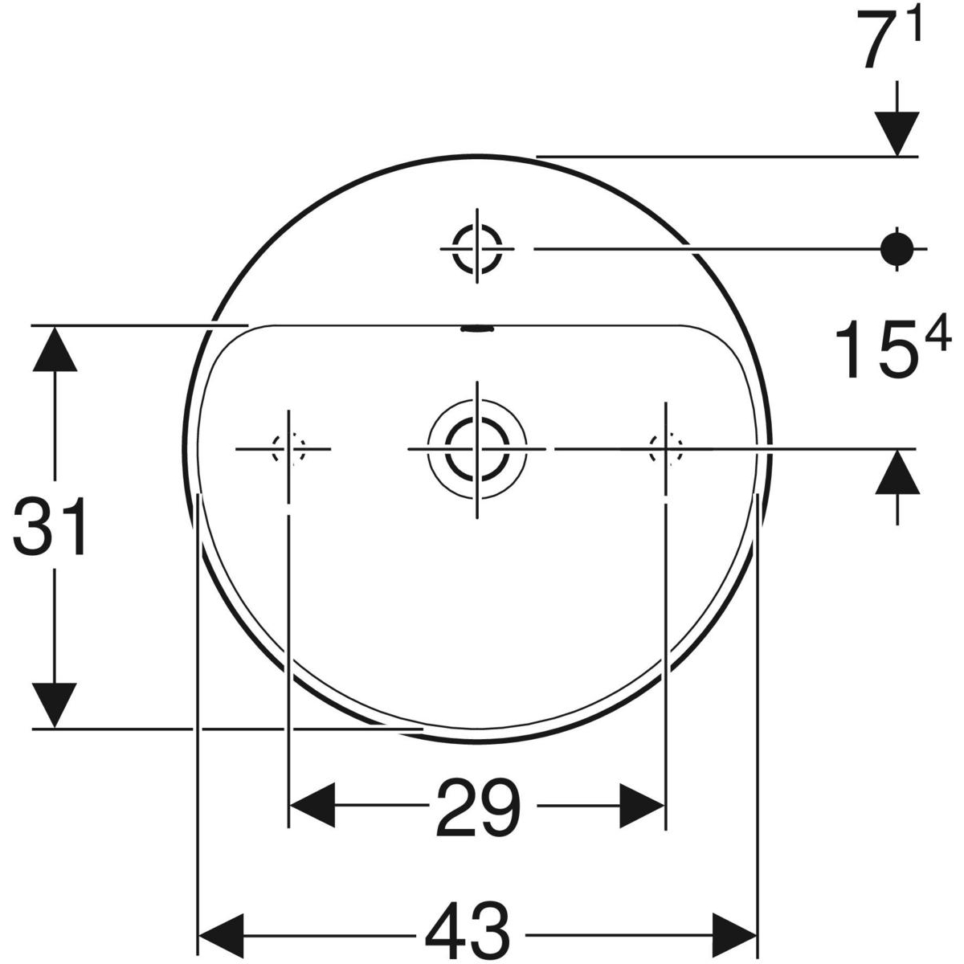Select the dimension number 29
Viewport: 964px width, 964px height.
477,806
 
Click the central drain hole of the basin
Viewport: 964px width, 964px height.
477,447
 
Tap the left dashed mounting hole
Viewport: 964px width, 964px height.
288,448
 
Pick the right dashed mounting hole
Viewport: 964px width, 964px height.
665,448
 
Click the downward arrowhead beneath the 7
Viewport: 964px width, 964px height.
897,133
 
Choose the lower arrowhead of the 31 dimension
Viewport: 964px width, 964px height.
55,705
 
